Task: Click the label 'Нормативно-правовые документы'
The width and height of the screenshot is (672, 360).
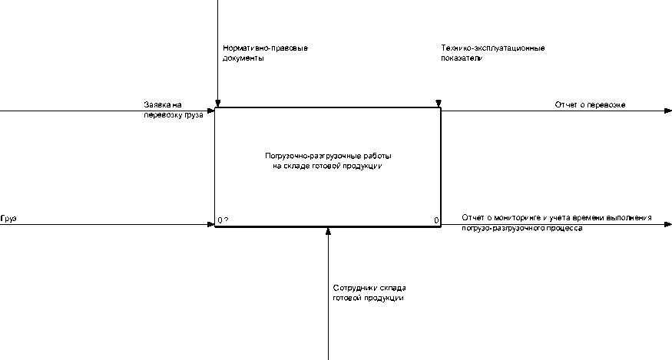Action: pyautogui.click(x=260, y=53)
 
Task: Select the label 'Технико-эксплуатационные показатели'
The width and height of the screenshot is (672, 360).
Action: pyautogui.click(x=492, y=53)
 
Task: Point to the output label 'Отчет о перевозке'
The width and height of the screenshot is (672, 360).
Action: pyautogui.click(x=590, y=104)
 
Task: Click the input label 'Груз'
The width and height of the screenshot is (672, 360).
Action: pyautogui.click(x=8, y=219)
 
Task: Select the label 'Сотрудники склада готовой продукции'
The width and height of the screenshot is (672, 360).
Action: pyautogui.click(x=368, y=293)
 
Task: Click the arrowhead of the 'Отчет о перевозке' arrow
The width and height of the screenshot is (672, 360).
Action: pyautogui.click(x=667, y=111)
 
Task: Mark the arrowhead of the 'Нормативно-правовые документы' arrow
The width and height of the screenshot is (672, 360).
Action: pyautogui.click(x=218, y=104)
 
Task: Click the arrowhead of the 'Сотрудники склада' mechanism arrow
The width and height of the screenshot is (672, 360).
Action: pyautogui.click(x=328, y=231)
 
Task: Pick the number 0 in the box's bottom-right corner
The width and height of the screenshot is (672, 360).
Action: pyautogui.click(x=436, y=221)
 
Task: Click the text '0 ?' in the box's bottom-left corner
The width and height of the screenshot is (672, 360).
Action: pyautogui.click(x=223, y=221)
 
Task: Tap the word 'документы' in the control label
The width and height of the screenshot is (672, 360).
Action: pyautogui.click(x=239, y=58)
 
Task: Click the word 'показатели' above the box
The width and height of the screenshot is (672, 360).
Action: pyautogui.click(x=462, y=58)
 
